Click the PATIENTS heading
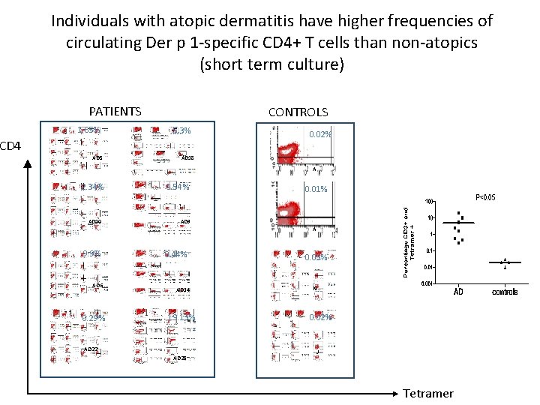pos(115,112)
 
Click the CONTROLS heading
pos(298,112)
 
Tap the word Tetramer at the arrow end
pos(427,393)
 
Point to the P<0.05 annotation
pos(484,198)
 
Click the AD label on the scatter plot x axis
pos(457,291)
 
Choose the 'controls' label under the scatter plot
pos(505,292)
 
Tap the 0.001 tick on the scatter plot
pos(425,283)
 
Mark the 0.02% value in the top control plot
pos(320,135)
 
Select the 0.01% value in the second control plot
pos(316,189)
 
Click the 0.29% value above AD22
pos(93,318)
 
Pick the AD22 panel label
pos(91,349)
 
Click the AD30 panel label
pos(94,223)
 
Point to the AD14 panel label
pos(183,289)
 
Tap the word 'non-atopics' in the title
pos(438,43)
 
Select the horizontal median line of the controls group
pos(505,262)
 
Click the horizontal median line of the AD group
pos(458,223)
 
